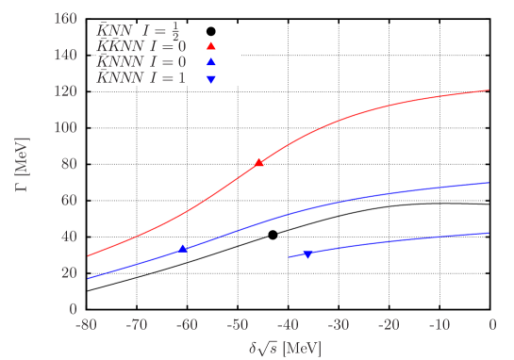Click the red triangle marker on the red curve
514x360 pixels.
259,163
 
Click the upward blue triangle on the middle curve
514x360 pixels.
182,249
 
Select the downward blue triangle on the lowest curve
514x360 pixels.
307,254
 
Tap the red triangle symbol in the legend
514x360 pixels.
211,46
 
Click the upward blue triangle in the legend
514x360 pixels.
211,62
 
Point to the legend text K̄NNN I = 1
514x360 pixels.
141,78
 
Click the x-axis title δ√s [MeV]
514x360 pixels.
284,348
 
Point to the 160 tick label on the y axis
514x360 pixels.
65,19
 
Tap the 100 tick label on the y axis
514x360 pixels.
65,127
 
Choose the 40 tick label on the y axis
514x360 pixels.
69,237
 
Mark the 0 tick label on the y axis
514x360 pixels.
73,308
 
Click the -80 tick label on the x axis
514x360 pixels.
87,325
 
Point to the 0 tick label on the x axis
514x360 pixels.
491,325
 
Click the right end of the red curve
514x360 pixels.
489,90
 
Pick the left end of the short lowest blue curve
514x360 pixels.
289,256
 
